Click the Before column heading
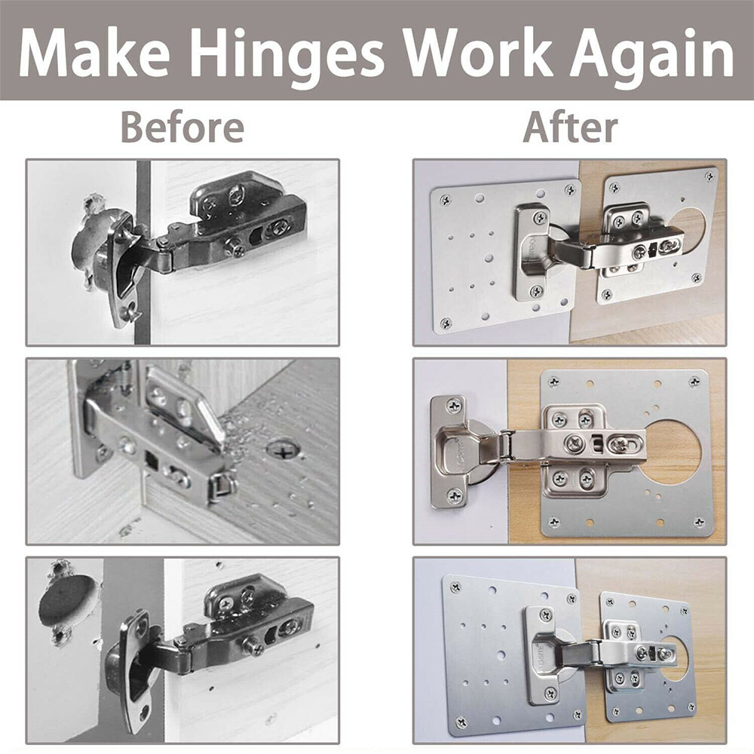[x=182, y=127]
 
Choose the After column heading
[x=570, y=127]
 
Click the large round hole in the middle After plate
[x=673, y=452]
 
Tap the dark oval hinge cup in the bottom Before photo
[x=68, y=602]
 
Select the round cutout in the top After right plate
[x=688, y=226]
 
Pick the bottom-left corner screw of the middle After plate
[x=554, y=521]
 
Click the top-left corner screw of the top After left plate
[x=445, y=201]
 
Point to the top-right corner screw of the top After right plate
[x=709, y=176]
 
